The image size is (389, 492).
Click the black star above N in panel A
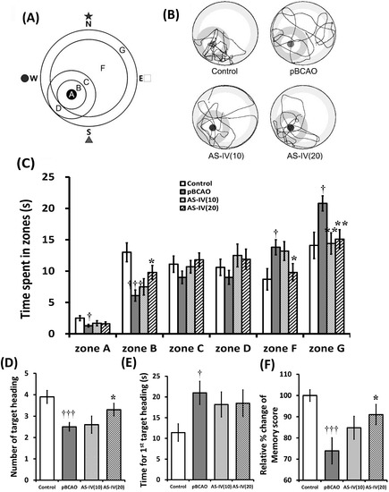[88, 16]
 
